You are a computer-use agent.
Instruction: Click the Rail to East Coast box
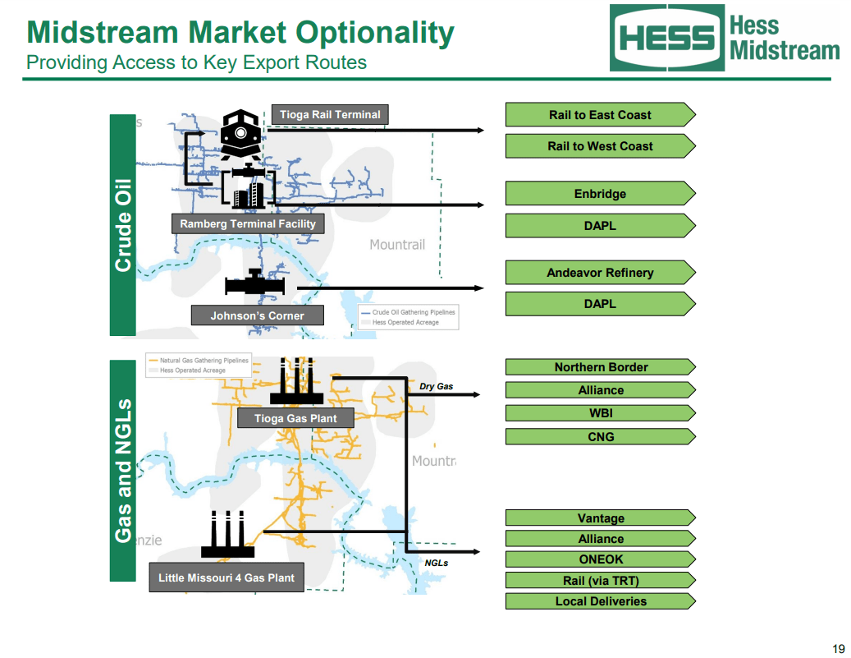[600, 115]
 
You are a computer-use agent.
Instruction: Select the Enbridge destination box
[600, 194]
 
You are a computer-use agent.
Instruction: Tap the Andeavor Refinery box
[600, 273]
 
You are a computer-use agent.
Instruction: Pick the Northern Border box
[600, 367]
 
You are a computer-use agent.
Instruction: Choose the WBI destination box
[600, 413]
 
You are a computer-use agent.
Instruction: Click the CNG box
[600, 437]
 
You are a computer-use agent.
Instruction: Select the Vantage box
[600, 518]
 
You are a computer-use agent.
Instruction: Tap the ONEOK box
[600, 559]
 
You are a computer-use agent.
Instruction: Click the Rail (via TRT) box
[600, 581]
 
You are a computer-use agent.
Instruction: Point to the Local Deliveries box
[600, 601]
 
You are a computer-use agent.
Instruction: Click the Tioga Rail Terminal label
[330, 115]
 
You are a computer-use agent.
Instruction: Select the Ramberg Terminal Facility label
[247, 223]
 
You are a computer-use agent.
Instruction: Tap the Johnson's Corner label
[257, 315]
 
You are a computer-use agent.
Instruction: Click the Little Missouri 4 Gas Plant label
[226, 577]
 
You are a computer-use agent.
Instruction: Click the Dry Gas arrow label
[436, 386]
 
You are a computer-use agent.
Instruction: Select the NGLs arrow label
[436, 564]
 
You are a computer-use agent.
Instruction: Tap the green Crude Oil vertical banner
[122, 224]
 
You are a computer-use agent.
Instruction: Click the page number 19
[838, 648]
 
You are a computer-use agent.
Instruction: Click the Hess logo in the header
[666, 38]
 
